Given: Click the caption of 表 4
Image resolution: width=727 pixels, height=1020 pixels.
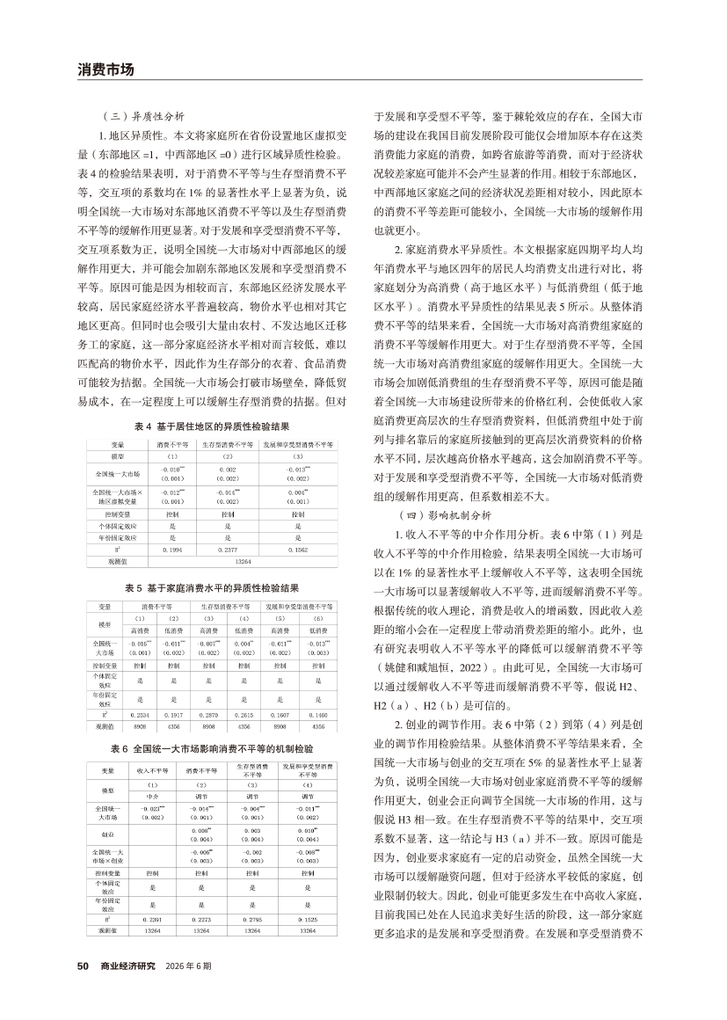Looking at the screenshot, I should point(217,426).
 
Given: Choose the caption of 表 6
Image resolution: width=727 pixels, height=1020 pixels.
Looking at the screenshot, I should point(216,748).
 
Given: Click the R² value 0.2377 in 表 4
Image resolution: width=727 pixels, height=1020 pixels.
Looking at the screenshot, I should point(227,548).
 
